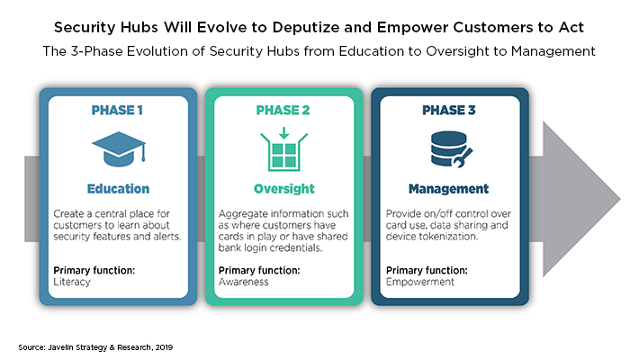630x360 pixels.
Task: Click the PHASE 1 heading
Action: point(117,110)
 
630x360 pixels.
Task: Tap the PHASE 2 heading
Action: point(283,110)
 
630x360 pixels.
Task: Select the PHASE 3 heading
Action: point(449,110)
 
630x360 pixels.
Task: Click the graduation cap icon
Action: point(119,149)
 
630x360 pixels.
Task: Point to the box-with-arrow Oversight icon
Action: point(284,149)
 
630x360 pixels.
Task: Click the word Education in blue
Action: point(118,189)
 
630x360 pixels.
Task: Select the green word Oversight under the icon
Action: point(284,189)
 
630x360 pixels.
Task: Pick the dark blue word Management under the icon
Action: point(449,189)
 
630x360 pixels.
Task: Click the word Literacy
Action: point(72,282)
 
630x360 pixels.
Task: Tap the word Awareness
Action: point(244,282)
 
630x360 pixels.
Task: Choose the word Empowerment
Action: point(420,282)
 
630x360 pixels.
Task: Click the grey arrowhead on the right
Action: point(581,199)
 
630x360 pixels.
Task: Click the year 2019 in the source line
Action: point(165,347)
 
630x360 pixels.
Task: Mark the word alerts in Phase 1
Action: point(167,237)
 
